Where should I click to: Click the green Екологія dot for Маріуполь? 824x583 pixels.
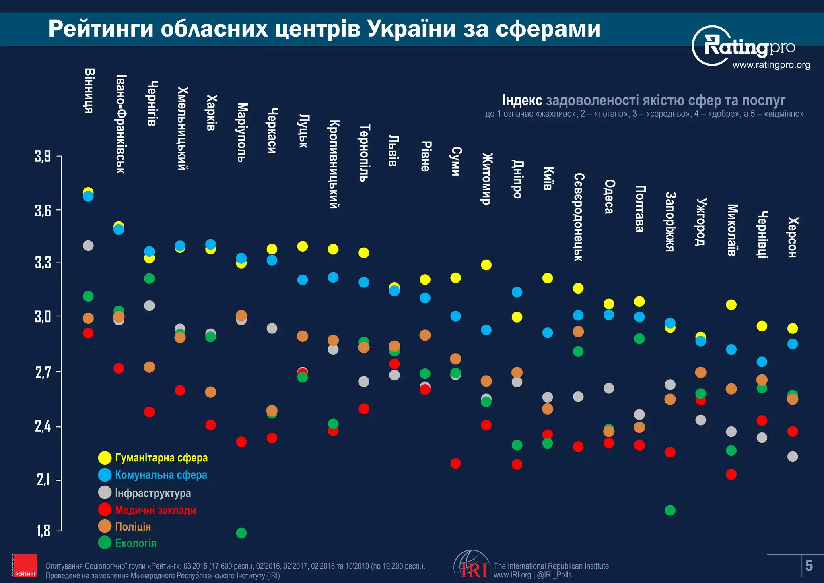241,533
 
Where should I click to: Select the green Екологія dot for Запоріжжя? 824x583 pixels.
670,510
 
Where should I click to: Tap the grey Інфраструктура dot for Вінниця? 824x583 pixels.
88,245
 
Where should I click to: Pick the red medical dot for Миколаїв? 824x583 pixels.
731,474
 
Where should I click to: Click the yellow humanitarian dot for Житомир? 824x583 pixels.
486,265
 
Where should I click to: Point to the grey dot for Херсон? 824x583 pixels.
792,456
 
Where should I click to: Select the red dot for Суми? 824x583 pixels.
455,463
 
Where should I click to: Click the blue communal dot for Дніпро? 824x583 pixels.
517,292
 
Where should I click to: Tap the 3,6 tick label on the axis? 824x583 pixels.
43,210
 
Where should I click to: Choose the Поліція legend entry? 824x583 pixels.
133,526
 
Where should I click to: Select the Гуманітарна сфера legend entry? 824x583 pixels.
161,457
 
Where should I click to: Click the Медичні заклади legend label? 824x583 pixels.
155,510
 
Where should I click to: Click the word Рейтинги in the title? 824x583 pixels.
101,29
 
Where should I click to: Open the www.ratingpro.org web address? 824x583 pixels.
771,65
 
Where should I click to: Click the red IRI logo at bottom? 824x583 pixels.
473,569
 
